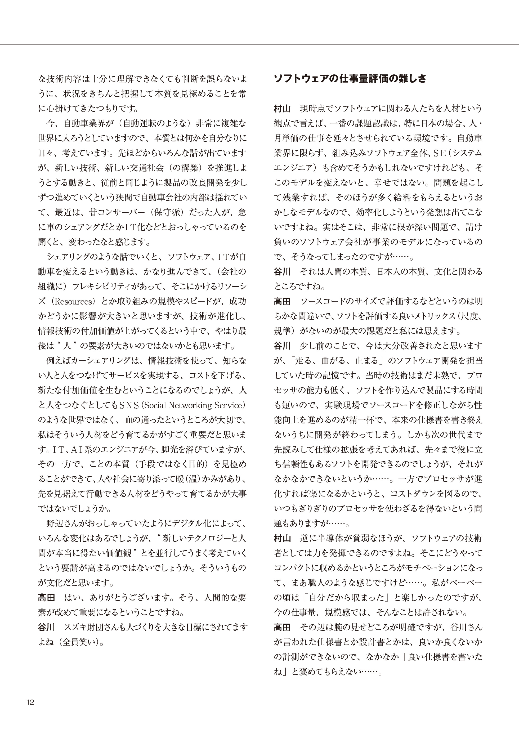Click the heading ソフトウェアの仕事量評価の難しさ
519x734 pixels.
coord(350,79)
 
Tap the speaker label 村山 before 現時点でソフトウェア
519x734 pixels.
coord(282,109)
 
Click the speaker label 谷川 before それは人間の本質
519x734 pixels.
coord(282,272)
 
